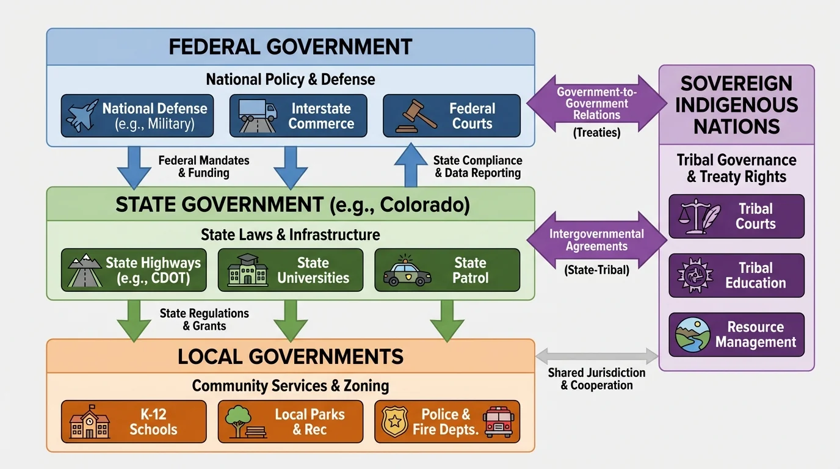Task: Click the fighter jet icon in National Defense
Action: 82,115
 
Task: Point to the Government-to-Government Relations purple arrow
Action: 596,104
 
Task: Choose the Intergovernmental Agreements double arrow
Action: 596,241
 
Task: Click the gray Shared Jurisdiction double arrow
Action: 596,355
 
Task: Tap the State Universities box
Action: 291,270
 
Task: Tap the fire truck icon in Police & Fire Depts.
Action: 499,422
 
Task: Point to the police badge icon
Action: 395,421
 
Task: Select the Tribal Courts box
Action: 736,216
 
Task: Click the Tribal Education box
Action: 736,275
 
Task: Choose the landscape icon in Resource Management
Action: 693,335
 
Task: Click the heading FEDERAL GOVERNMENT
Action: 291,47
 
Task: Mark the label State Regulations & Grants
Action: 205,319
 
